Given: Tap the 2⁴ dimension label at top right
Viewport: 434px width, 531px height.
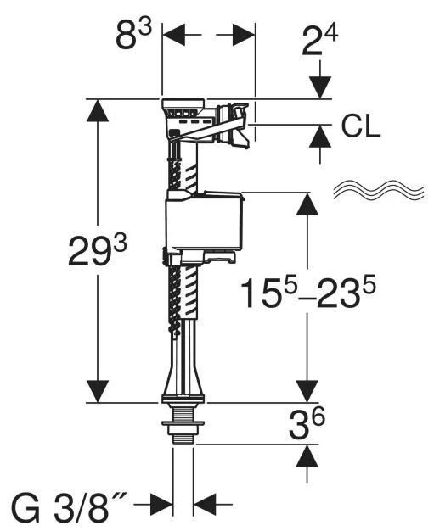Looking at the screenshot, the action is tap(319, 42).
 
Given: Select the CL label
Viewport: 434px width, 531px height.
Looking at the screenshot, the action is tap(360, 127).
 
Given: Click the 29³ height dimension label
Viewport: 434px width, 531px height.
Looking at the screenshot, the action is tap(98, 251).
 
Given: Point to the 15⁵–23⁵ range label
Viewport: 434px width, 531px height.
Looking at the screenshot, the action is tap(308, 293).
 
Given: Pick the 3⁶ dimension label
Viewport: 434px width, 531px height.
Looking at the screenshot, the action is tap(307, 423).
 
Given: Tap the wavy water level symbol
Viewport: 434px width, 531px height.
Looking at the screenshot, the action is tap(379, 189).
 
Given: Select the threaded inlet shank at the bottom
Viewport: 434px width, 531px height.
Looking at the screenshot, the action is tap(183, 423).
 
